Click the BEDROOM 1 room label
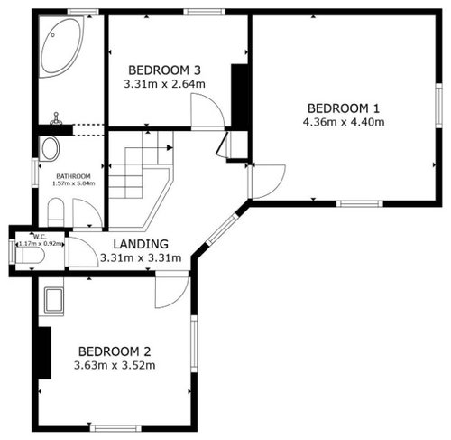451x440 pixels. (344, 108)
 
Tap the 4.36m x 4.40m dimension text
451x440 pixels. (344, 122)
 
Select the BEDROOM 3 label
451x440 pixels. (164, 70)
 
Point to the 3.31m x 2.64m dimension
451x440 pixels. (165, 84)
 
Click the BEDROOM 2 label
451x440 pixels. (115, 351)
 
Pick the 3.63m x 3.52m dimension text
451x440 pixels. (115, 365)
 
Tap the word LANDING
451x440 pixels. (141, 244)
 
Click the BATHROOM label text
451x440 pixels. (73, 176)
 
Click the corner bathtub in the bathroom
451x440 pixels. (61, 47)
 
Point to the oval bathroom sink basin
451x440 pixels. (50, 148)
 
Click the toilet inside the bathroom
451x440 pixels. (56, 212)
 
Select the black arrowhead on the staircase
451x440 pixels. (170, 148)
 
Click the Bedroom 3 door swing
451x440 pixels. (207, 111)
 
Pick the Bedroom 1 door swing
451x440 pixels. (266, 182)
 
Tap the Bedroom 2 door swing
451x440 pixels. (172, 290)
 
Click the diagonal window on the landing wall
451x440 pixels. (222, 229)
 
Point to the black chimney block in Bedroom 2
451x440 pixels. (44, 352)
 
